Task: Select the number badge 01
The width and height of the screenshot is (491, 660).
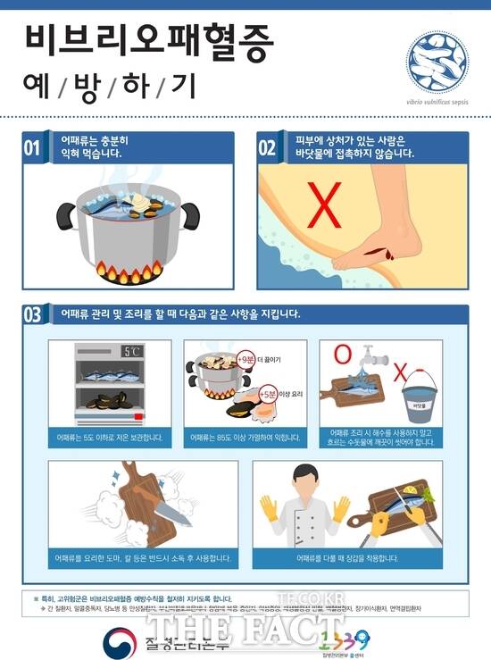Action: [33, 147]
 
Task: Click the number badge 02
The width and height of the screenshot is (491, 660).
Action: [268, 147]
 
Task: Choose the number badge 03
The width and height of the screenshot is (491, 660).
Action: [33, 314]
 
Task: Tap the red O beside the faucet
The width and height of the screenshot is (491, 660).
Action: [340, 355]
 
